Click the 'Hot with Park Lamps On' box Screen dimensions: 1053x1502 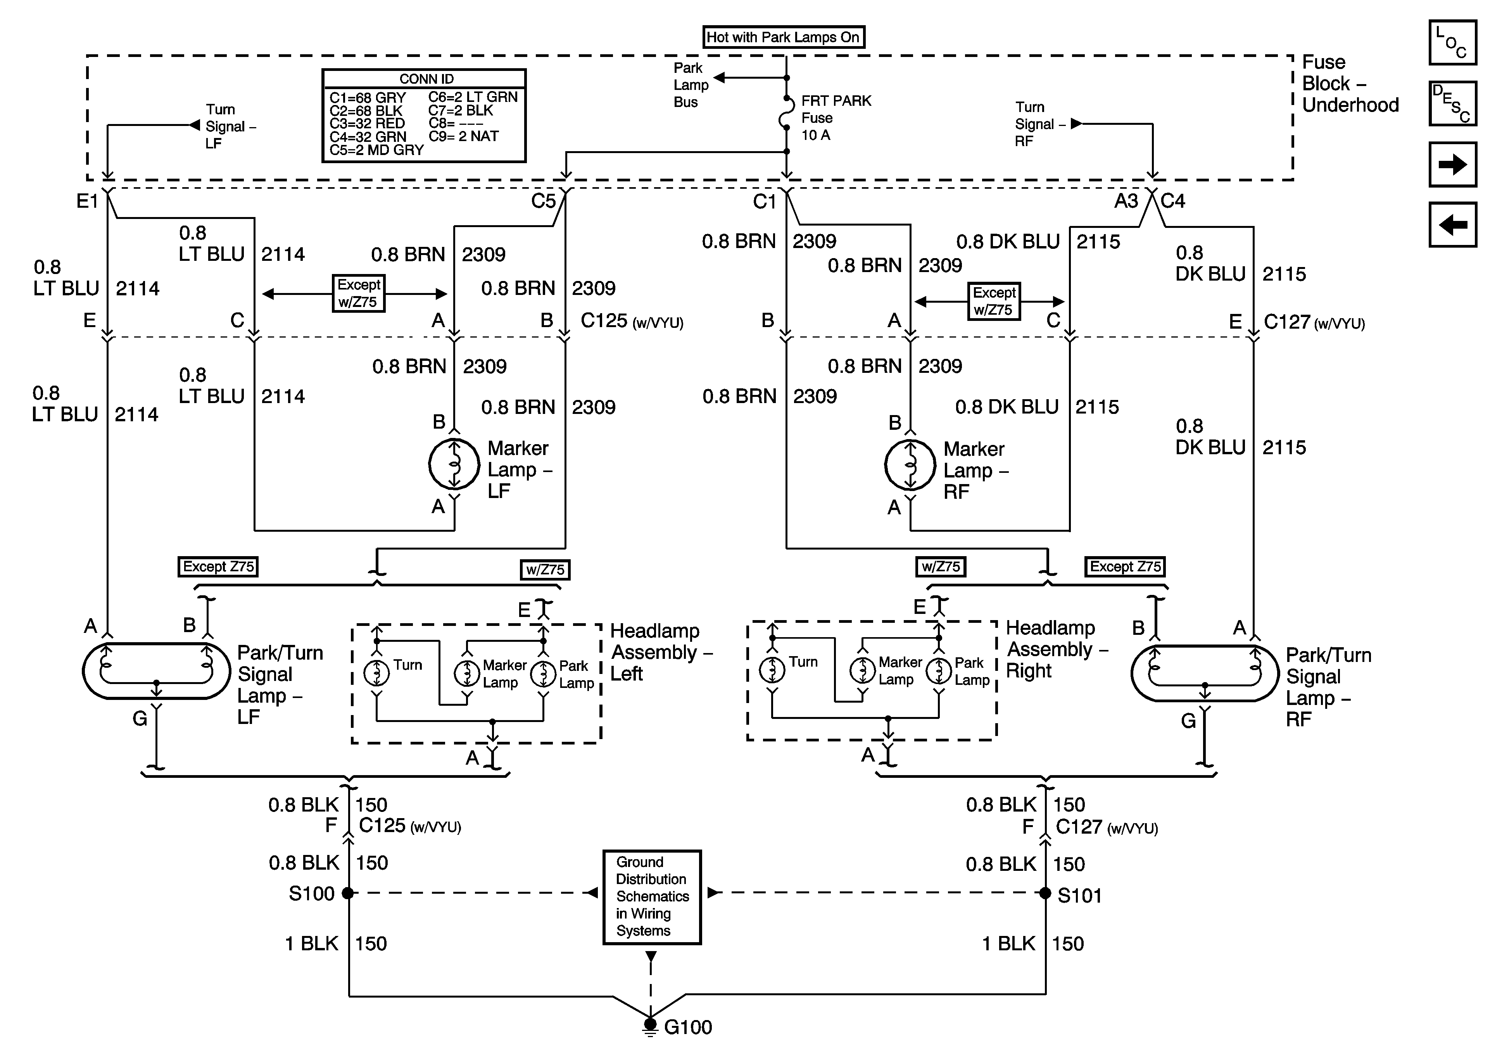783,37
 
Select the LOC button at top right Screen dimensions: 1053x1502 1452,43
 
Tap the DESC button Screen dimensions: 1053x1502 1452,103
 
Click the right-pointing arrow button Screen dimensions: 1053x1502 1452,164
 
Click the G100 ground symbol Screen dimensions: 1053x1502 650,1025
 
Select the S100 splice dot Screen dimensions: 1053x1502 348,893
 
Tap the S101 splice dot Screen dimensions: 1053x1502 1045,893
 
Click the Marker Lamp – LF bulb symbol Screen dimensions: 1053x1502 454,464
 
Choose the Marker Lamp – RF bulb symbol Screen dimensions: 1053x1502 910,465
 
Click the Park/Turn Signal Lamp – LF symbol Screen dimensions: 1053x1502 156,671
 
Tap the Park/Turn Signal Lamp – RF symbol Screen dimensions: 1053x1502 1204,674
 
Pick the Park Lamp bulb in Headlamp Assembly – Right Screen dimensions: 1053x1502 939,671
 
